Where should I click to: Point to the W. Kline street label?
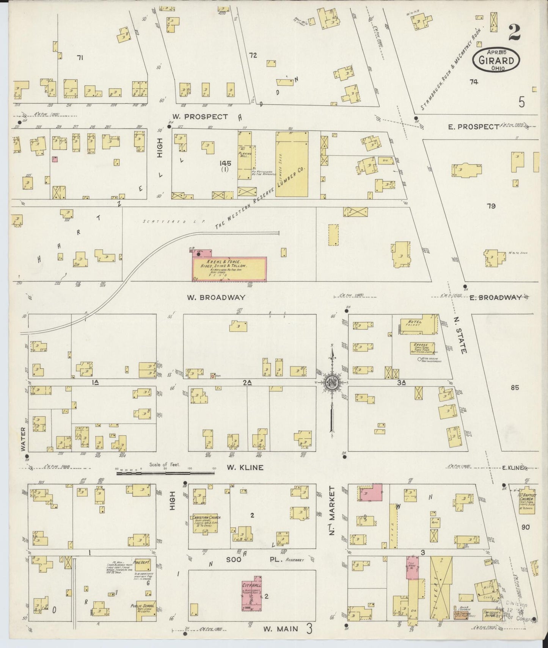[245, 468]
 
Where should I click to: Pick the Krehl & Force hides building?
[229, 269]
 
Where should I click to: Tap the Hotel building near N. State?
[419, 324]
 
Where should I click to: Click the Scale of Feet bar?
[166, 473]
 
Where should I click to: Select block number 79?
[491, 206]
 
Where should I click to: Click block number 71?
[80, 58]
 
